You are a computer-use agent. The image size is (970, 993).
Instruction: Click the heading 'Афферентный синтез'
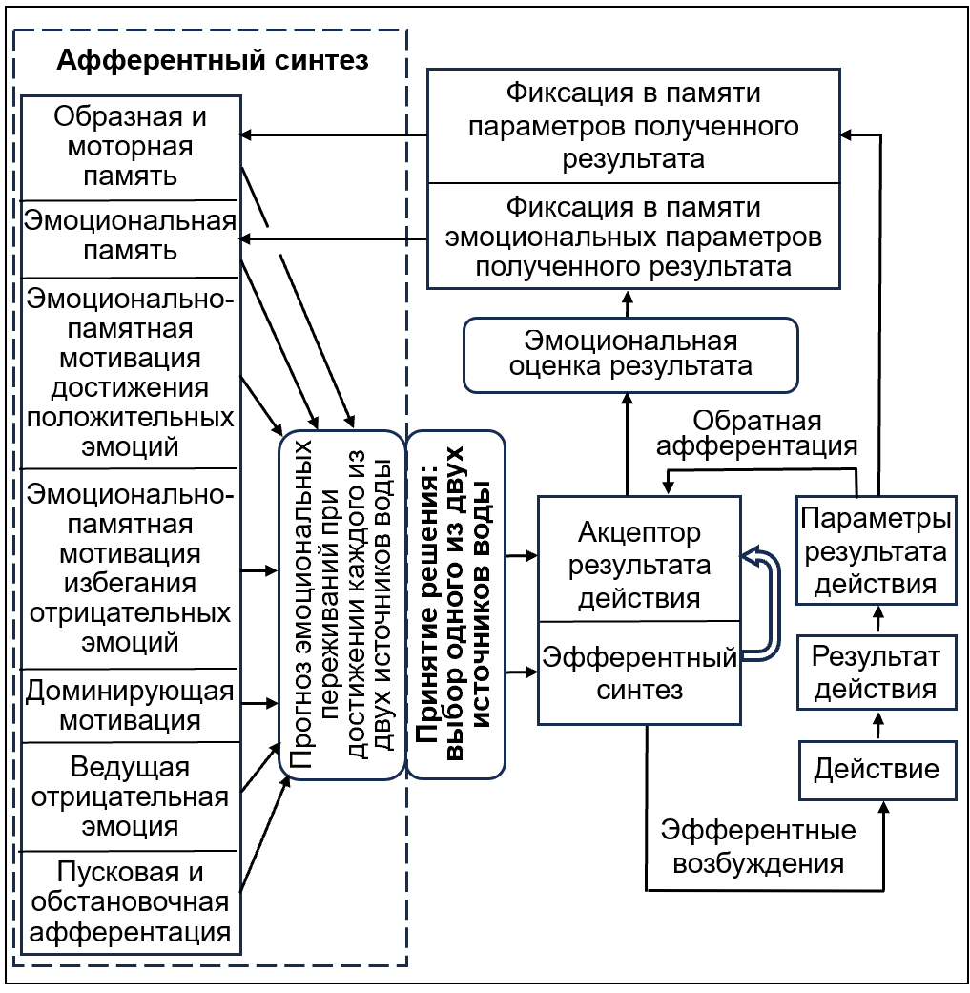(212, 61)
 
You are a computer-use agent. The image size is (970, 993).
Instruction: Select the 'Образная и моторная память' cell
(130, 147)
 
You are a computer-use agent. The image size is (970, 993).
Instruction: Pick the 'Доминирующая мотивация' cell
(130, 705)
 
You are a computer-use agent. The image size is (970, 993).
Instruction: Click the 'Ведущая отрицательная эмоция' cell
(130, 796)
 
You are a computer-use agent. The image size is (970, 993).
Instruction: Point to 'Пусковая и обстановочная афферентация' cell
(130, 901)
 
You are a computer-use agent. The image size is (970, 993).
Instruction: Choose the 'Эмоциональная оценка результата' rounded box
(629, 354)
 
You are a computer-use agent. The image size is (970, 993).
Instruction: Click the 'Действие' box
(877, 769)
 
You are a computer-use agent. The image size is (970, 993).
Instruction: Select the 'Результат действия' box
(877, 672)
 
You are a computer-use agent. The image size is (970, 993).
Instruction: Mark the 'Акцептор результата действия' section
(639, 565)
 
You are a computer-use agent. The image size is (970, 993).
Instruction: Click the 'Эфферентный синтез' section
(639, 672)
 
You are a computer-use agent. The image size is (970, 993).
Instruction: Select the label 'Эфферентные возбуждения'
(758, 846)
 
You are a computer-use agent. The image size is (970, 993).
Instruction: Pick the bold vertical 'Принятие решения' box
(456, 604)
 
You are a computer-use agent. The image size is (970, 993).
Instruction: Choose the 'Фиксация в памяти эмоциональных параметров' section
(632, 237)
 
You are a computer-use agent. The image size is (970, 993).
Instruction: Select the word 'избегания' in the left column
(130, 582)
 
